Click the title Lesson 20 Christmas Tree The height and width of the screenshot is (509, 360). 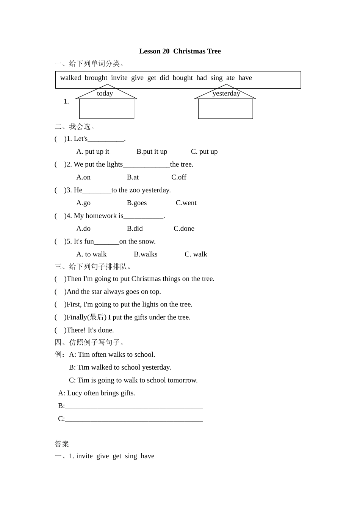[180, 51]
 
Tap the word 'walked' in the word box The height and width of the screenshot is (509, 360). [70, 78]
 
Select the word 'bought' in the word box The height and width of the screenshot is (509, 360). [183, 78]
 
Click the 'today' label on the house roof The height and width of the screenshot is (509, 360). [105, 94]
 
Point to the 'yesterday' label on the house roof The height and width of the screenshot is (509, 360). [226, 94]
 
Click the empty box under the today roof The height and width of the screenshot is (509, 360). [106, 109]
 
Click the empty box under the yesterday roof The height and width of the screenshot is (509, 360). [225, 109]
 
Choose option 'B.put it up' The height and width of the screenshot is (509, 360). [152, 151]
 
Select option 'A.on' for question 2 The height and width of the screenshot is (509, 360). [83, 177]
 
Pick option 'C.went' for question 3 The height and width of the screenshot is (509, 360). [186, 203]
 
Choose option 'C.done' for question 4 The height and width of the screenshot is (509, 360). [184, 229]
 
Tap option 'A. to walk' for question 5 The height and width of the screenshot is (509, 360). [91, 254]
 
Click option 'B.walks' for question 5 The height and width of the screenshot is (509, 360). [146, 254]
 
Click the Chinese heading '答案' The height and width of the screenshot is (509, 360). [62, 444]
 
